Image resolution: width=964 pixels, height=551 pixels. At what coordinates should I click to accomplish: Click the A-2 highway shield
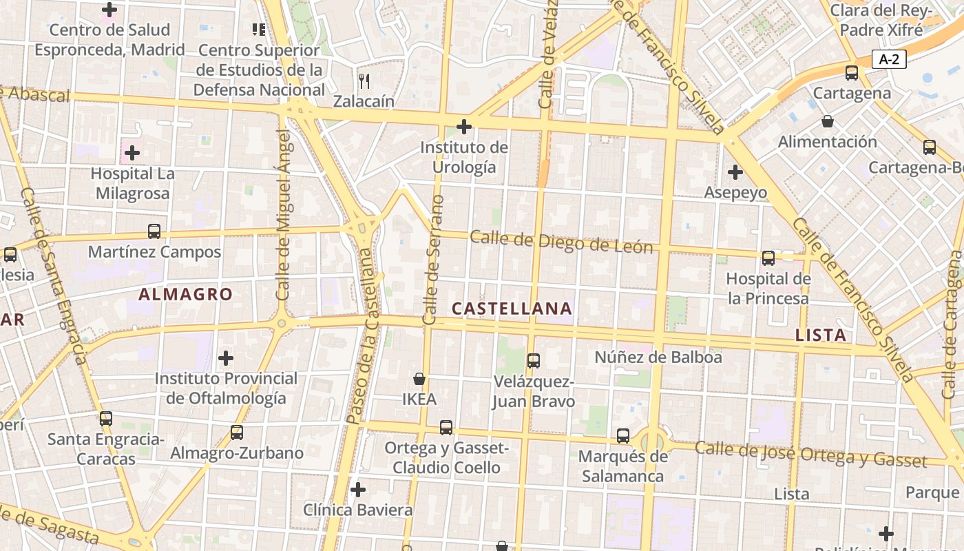tap(888, 59)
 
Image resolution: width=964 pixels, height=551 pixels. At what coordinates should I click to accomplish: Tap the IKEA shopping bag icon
tap(419, 379)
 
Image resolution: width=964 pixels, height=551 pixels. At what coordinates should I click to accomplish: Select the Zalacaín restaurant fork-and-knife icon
tap(364, 81)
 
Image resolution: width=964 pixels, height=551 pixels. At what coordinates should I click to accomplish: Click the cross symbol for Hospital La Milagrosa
tap(132, 152)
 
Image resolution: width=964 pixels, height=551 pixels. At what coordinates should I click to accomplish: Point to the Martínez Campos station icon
tap(154, 231)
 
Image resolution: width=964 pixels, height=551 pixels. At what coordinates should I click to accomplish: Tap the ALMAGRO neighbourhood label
tap(186, 294)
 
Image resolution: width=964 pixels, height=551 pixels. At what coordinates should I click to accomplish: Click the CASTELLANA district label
tap(512, 309)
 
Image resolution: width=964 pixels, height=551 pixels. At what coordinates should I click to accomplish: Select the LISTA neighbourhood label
tap(820, 335)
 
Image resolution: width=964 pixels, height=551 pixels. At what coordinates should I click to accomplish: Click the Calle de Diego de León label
tap(561, 242)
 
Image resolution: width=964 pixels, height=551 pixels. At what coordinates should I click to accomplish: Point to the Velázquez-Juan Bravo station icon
tap(533, 360)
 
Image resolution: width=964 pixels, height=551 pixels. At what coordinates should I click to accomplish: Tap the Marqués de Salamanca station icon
tap(623, 435)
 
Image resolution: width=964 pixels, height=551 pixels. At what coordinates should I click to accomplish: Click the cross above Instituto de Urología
tap(464, 127)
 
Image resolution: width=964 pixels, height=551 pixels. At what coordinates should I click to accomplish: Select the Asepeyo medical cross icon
tap(735, 171)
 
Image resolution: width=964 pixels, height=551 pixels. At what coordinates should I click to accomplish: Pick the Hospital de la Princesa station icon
tap(768, 258)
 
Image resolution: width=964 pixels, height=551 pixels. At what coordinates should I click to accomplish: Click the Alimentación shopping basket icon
tap(827, 122)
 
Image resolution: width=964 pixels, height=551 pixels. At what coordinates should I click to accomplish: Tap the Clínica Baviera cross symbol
tap(358, 490)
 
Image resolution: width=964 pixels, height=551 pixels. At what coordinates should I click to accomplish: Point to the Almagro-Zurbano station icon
tap(237, 433)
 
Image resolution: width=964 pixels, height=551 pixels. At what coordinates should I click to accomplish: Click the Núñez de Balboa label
tap(658, 357)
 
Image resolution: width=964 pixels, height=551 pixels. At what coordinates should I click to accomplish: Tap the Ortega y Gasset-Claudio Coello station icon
tap(446, 428)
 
